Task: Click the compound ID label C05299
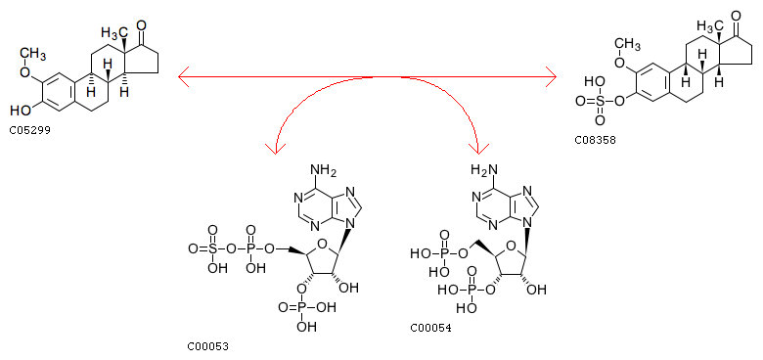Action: [29, 130]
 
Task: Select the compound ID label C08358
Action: [595, 140]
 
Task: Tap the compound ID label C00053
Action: [207, 346]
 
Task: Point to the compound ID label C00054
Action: [430, 328]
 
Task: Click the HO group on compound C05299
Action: [20, 111]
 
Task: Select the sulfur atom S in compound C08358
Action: [600, 101]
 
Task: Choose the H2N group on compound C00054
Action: [482, 171]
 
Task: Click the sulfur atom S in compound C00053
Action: [212, 249]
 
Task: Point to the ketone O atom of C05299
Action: [142, 24]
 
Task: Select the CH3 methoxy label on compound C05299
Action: [33, 53]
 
